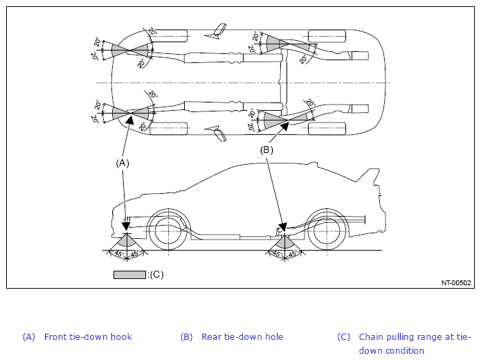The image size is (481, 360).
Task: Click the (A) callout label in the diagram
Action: [x=122, y=163]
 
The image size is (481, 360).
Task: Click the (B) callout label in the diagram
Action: [x=266, y=150]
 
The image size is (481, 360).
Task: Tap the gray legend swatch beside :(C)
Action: [x=129, y=275]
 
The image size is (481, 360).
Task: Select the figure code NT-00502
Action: [x=456, y=283]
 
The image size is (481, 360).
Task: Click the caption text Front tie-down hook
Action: [x=88, y=337]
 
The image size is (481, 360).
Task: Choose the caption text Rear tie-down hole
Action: [x=242, y=337]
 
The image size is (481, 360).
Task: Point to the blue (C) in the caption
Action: [x=343, y=337]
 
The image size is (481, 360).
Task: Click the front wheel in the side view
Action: [x=167, y=231]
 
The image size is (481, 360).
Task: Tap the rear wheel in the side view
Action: [x=327, y=231]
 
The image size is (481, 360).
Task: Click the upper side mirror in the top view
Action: [x=217, y=31]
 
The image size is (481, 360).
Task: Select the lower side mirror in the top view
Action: [x=216, y=133]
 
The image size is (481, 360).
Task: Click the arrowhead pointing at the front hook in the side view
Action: [x=126, y=227]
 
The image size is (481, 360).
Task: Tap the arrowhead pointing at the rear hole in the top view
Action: [x=284, y=126]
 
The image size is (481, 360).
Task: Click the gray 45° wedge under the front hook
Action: [x=127, y=240]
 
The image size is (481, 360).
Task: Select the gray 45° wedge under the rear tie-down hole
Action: [x=284, y=241]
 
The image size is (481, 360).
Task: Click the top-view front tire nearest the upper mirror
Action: [x=168, y=36]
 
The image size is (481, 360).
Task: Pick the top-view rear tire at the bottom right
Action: [x=327, y=129]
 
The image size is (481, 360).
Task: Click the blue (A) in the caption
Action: [x=29, y=337]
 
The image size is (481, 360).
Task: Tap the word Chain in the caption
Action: [x=370, y=337]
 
